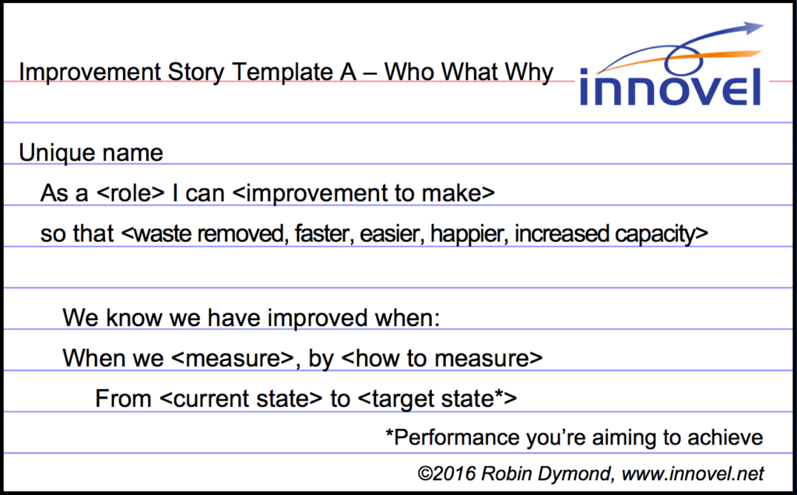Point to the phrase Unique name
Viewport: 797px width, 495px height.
[91, 153]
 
